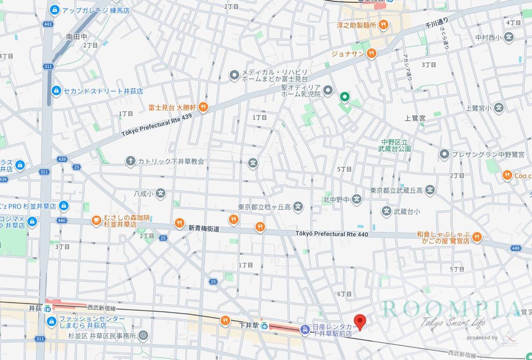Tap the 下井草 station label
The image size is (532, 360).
point(245,325)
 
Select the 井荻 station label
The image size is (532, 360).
point(34,308)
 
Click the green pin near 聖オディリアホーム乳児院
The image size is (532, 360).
point(344,97)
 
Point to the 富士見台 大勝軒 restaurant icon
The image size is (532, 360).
point(203,108)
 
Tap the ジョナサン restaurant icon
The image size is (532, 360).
point(371,53)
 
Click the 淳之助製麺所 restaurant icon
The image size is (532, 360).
point(383,24)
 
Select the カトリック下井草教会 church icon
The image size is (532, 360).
point(130,161)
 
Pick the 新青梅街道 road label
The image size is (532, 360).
point(204,228)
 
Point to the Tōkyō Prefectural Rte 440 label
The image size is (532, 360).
point(332,234)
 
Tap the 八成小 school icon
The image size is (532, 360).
point(161,193)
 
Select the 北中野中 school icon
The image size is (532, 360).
point(356,199)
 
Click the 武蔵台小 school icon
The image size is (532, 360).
point(387,211)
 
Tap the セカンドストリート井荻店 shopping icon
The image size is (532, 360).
point(55,90)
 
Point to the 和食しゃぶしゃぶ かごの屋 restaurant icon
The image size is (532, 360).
point(477,237)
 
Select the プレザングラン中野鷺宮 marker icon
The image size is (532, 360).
point(444,154)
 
